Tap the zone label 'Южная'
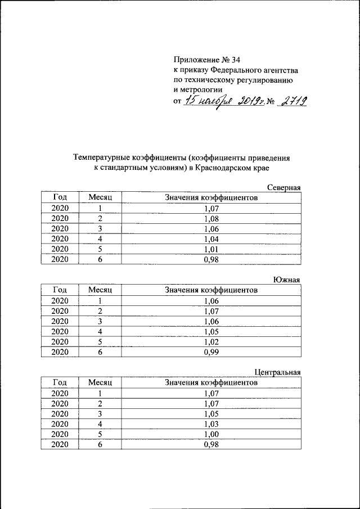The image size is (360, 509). (x=287, y=280)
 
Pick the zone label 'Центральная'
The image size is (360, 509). (x=277, y=372)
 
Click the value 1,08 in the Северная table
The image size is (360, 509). (x=211, y=218)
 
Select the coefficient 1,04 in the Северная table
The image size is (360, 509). (x=211, y=239)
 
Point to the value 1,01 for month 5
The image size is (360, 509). (x=211, y=249)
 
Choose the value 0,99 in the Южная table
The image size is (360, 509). (x=211, y=352)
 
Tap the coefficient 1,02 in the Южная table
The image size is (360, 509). (x=211, y=341)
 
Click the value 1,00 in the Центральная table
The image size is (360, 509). (x=211, y=434)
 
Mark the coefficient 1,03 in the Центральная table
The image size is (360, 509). (x=211, y=424)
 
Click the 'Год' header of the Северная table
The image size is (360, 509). (x=60, y=197)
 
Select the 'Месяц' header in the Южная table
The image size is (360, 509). (x=100, y=290)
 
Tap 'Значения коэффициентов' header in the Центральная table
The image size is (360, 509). (x=211, y=382)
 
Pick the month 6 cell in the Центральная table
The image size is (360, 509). (x=100, y=444)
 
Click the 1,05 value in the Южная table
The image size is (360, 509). (x=211, y=331)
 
